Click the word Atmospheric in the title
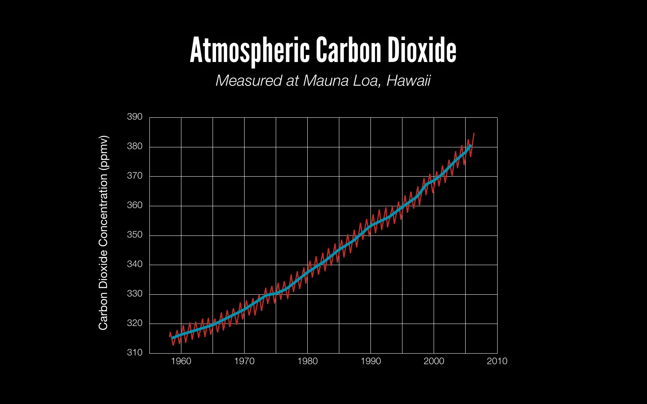pos(250,50)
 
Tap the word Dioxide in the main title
pos(422,50)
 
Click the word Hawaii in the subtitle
pos(408,81)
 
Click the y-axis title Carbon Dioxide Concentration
pos(103,232)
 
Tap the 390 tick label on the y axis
pos(135,117)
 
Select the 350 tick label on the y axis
pos(135,235)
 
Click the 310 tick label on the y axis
pos(135,352)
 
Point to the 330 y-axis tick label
pos(135,294)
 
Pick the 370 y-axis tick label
pos(135,176)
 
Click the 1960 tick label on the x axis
pos(181,361)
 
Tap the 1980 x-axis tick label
pos(307,361)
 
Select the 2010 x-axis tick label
pos(497,361)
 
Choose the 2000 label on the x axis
pos(434,361)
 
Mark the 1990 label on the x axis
pos(370,361)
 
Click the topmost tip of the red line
pos(474,133)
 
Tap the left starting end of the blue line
pos(173,338)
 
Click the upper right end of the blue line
pos(471,145)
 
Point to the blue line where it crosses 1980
pos(307,273)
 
